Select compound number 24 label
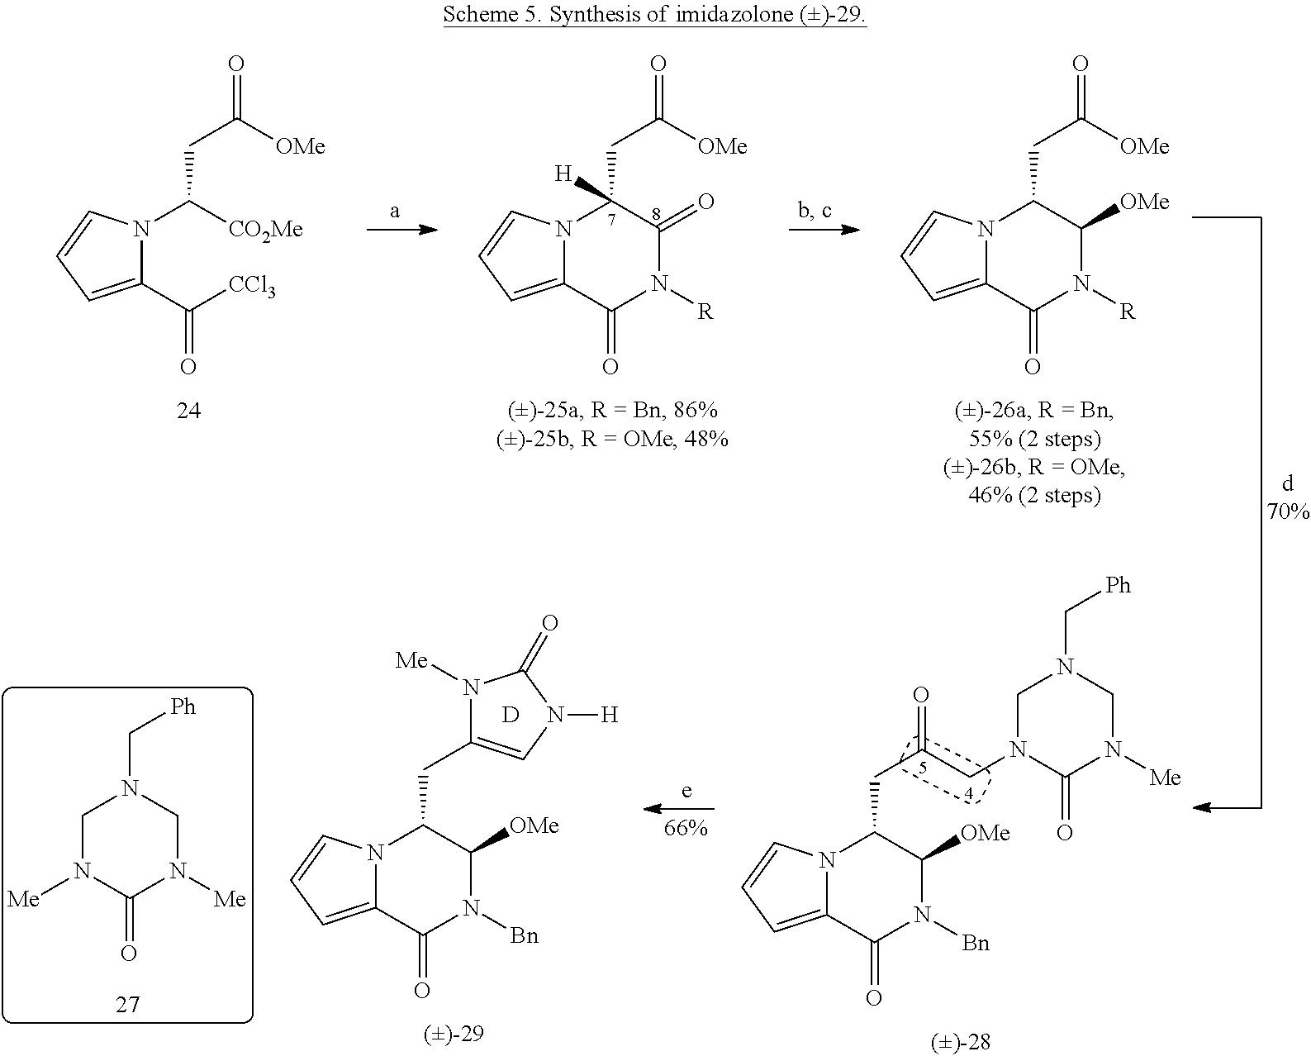188,410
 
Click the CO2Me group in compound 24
266,231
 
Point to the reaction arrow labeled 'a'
402,230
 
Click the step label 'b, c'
815,211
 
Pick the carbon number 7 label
611,220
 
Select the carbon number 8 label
656,214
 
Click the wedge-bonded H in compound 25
563,174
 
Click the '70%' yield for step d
1288,511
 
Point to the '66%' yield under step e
686,827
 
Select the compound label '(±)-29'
454,1034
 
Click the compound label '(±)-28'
961,1043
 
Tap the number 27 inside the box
128,1004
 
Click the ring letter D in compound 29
510,715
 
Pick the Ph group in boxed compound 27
183,706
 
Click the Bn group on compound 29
525,935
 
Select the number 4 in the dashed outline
969,794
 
